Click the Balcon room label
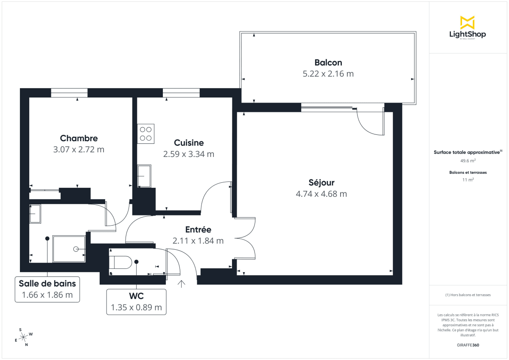coord(328,62)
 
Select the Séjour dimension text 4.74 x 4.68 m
coord(321,194)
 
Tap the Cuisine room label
coord(189,143)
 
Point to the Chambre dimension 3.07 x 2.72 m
coord(78,149)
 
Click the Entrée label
coord(198,229)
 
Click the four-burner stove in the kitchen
coord(145,134)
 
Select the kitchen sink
coord(144,176)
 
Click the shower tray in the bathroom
coord(69,249)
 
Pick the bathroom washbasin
coord(35,214)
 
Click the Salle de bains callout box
coord(47,289)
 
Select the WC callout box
coord(136,301)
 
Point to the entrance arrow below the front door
coord(182,284)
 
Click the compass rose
coord(24,337)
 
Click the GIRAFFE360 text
coord(468,345)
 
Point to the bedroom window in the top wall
coord(69,93)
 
